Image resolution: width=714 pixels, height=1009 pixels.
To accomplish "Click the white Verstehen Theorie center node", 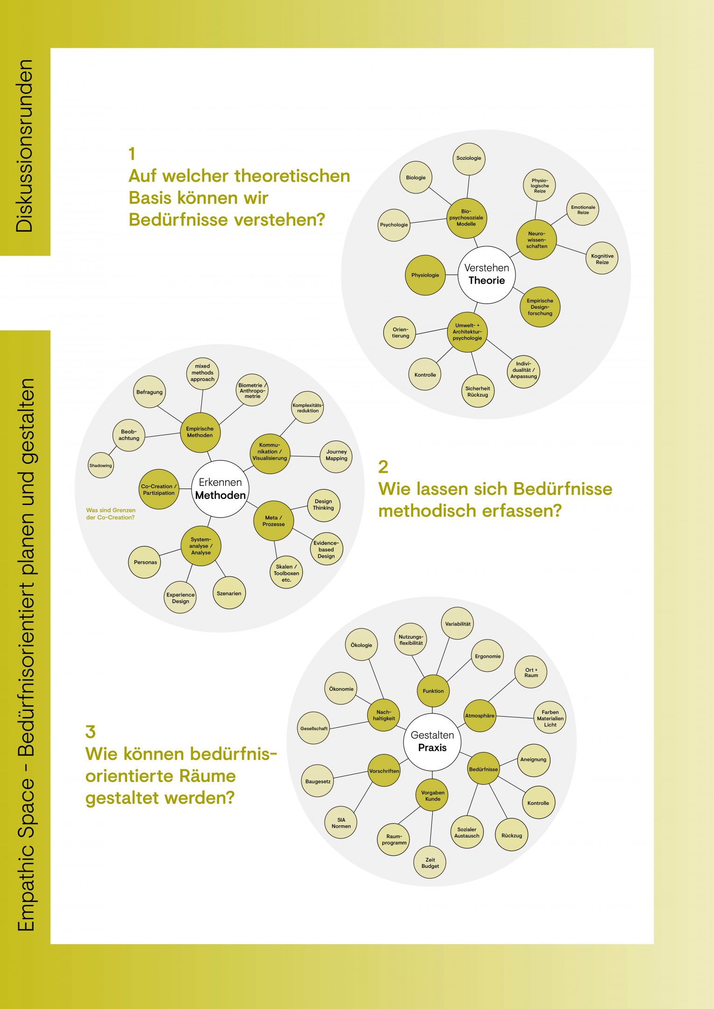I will (486, 275).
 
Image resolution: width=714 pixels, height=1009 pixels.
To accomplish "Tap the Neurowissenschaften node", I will (536, 240).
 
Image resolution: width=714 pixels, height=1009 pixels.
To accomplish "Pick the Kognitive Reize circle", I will (602, 259).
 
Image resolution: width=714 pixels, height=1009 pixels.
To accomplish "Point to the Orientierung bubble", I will (400, 333).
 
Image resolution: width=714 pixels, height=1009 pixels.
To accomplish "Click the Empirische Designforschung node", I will (540, 307).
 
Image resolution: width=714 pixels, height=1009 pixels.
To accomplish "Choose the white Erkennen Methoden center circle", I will (220, 489).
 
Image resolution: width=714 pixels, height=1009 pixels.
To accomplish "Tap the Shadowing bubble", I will (100, 465).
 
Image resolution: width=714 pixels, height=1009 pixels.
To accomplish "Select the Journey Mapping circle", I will (336, 455).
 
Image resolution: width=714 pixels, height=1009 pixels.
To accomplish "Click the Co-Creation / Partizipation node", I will (159, 490).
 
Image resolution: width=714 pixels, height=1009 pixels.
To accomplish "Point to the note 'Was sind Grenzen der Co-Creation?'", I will (111, 514).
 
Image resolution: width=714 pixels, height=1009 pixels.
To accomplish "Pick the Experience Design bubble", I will (180, 598).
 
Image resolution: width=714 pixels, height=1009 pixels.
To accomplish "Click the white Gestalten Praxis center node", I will (432, 742).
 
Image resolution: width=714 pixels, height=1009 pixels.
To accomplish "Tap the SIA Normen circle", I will (341, 823).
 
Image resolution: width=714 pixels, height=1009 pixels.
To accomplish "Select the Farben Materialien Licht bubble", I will (550, 718).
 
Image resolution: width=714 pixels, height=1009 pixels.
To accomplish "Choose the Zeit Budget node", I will (430, 863).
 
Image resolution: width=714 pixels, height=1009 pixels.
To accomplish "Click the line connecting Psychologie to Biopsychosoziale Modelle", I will (428, 221).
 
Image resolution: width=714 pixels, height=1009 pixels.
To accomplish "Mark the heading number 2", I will (383, 467).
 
